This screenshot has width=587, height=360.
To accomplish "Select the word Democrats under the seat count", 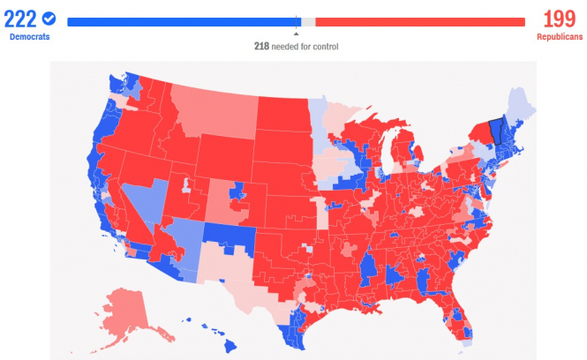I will pyautogui.click(x=30, y=37).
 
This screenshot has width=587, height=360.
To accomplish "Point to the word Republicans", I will pyautogui.click(x=558, y=37).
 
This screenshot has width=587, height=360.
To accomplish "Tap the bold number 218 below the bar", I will pyautogui.click(x=260, y=46).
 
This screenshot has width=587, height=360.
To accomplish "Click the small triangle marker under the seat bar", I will pyautogui.click(x=296, y=34).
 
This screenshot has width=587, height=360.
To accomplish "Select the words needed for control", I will pyautogui.click(x=305, y=46).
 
